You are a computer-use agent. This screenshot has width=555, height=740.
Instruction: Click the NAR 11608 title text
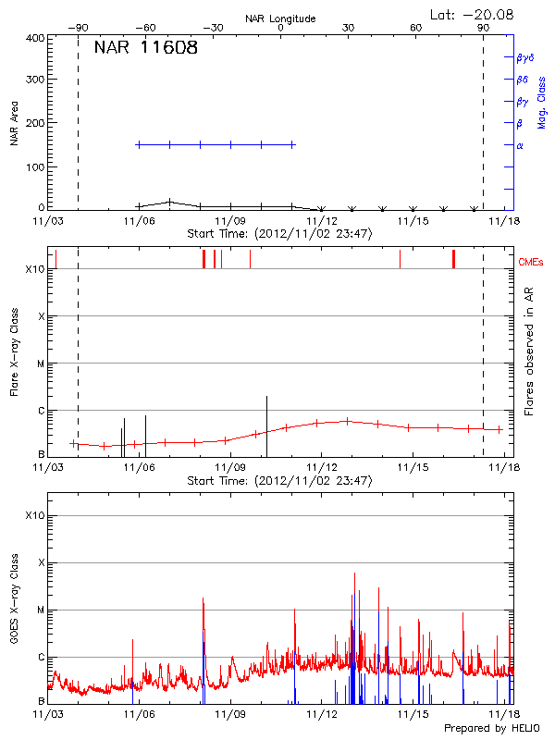(145, 48)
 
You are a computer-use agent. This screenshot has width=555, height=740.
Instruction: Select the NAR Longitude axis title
(280, 18)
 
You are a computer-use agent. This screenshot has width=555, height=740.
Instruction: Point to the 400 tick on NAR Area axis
(35, 39)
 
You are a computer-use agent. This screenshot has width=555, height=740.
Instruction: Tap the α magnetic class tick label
(520, 146)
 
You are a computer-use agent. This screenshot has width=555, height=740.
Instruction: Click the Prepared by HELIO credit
(495, 728)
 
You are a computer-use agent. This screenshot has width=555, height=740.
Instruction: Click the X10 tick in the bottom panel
(34, 515)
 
